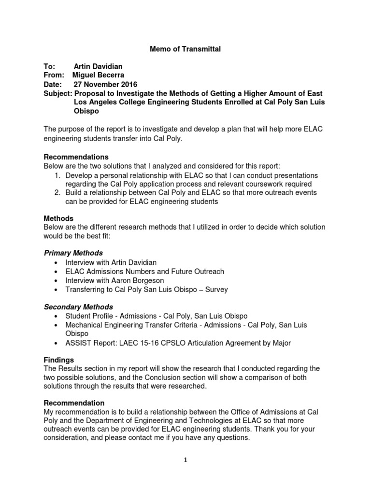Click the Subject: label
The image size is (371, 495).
[x=58, y=93]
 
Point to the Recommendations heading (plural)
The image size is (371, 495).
[x=76, y=157]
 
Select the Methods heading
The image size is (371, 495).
[x=58, y=218]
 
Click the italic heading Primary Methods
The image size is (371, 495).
[x=73, y=253]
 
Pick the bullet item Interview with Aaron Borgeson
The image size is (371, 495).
[x=114, y=280]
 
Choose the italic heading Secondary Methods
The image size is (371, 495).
[x=78, y=307]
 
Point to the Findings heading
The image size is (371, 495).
[x=59, y=360]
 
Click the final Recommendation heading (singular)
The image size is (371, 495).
[x=74, y=403]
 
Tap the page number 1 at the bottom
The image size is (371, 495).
[x=185, y=461]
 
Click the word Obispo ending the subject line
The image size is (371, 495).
[x=87, y=111]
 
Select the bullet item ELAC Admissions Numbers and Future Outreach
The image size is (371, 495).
[x=144, y=272]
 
